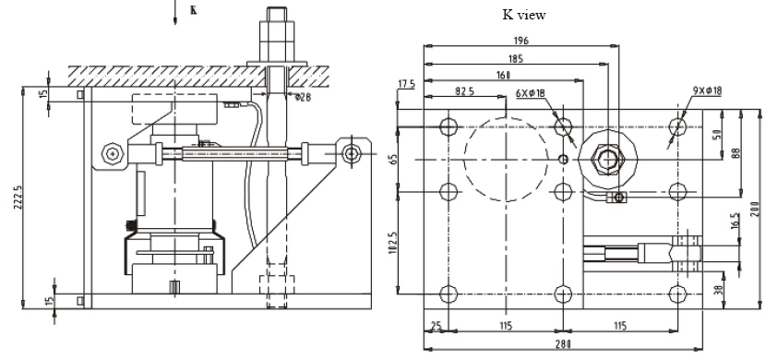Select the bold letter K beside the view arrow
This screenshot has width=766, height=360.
pyautogui.click(x=192, y=11)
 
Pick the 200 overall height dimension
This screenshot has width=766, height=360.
pyautogui.click(x=754, y=209)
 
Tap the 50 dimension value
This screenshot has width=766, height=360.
pyautogui.click(x=716, y=135)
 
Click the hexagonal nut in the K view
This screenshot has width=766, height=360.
pyautogui.click(x=607, y=159)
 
